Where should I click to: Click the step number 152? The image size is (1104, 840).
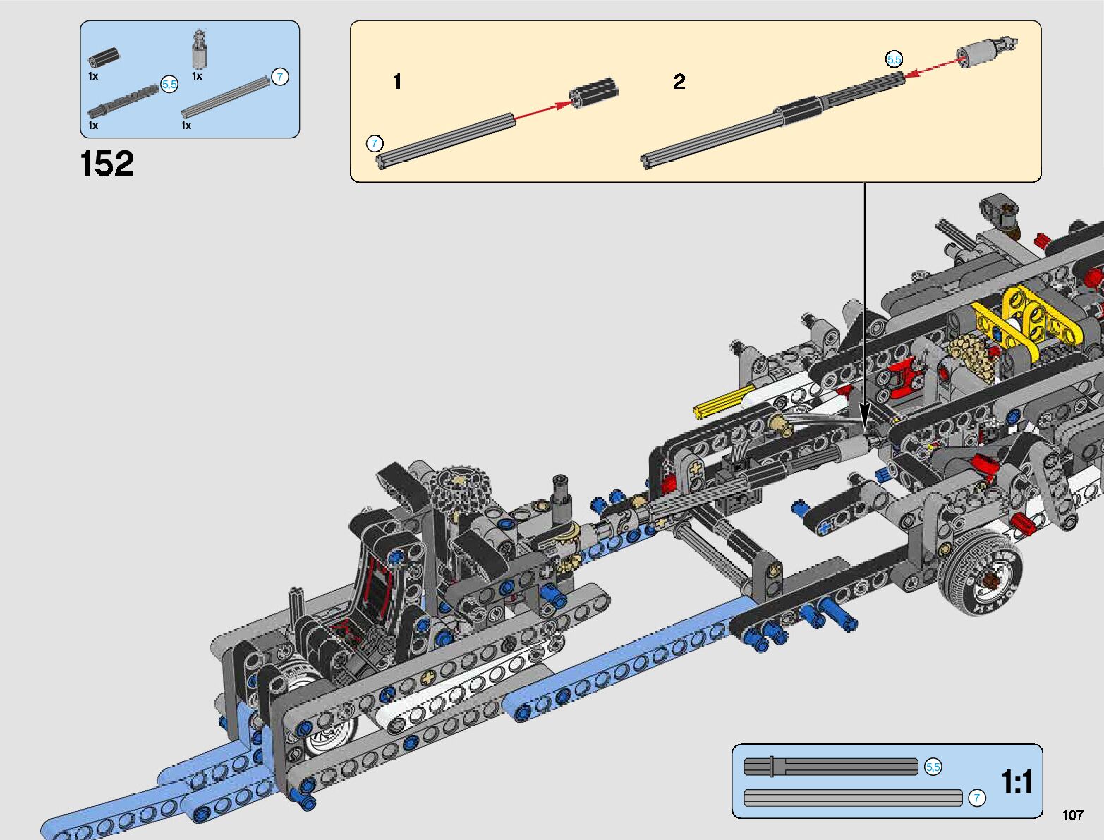tap(107, 164)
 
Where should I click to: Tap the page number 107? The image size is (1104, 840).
tap(1073, 815)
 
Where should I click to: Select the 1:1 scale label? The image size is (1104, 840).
tap(1017, 781)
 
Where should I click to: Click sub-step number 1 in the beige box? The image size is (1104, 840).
tap(397, 81)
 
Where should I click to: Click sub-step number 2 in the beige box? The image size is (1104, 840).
tap(679, 81)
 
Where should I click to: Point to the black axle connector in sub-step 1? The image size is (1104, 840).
tap(593, 92)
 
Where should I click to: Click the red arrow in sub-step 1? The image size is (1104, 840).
tap(543, 111)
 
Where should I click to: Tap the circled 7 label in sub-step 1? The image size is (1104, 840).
tap(374, 144)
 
